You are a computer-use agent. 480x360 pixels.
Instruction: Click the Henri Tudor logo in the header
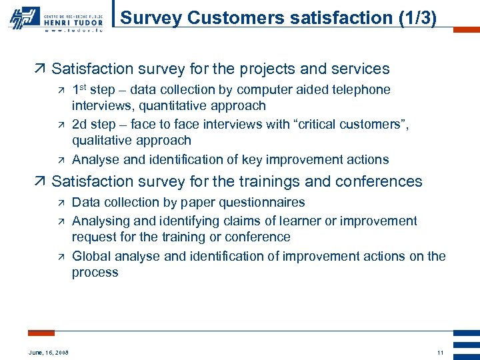56,17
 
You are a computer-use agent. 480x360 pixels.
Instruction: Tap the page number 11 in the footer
440,352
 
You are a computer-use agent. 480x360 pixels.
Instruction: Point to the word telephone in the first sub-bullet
360,90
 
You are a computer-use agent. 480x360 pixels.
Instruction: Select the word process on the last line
95,273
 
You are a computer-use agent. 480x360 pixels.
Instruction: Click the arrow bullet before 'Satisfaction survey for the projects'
41,69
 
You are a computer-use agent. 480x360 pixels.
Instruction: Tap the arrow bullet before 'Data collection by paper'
61,203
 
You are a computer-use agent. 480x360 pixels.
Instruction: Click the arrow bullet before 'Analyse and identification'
61,160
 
